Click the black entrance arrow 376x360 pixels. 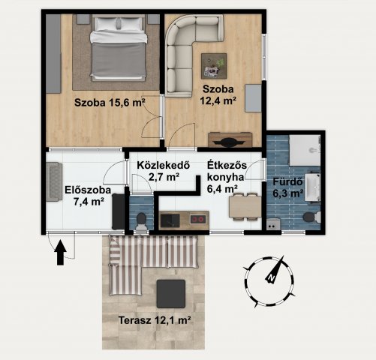[x=60, y=253]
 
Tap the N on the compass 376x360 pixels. [x=271, y=277]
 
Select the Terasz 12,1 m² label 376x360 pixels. [x=155, y=320]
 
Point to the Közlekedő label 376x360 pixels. [x=164, y=165]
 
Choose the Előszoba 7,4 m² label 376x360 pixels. [x=88, y=196]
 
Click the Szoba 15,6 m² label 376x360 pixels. [x=110, y=103]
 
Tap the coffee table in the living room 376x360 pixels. [x=214, y=66]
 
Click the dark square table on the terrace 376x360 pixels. [x=171, y=294]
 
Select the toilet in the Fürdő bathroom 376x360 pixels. [x=311, y=217]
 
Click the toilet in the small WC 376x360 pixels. [x=141, y=221]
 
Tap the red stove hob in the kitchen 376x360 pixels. [x=198, y=220]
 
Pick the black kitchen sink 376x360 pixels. [x=170, y=220]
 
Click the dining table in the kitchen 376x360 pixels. [x=245, y=207]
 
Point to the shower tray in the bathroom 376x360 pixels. [x=305, y=150]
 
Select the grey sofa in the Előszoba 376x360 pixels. [x=54, y=181]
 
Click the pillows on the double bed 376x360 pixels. [x=119, y=24]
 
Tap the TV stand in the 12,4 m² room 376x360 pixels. [x=230, y=139]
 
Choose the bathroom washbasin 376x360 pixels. [x=312, y=187]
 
